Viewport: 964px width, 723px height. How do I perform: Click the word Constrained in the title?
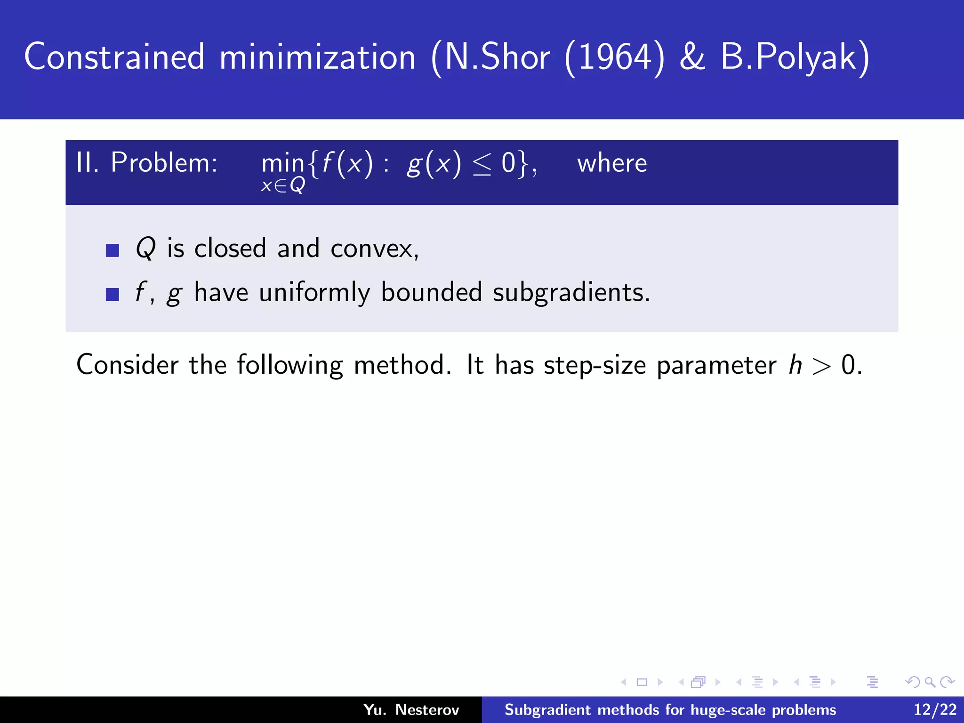point(114,57)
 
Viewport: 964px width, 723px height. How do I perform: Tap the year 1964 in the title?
point(614,57)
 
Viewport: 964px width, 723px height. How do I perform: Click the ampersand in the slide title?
point(692,57)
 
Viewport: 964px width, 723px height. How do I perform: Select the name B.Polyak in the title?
point(795,57)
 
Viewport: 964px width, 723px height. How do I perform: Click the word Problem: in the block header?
point(164,163)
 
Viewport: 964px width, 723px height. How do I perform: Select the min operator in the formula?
point(282,164)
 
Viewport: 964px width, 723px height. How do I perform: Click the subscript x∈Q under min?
point(283,185)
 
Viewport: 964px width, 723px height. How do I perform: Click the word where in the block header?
point(612,163)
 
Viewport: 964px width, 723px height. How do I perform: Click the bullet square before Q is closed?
point(112,250)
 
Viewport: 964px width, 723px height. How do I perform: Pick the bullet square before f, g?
point(112,294)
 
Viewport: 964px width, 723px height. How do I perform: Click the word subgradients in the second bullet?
point(570,293)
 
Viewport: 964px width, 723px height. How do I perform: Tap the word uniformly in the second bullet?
point(314,293)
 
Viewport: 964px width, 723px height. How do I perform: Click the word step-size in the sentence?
point(595,365)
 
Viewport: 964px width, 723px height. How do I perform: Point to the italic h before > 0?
point(795,365)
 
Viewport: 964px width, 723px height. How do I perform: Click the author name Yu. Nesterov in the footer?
point(411,709)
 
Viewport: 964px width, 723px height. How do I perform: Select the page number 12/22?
point(935,709)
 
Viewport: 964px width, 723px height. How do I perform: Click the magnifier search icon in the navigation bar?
point(930,682)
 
